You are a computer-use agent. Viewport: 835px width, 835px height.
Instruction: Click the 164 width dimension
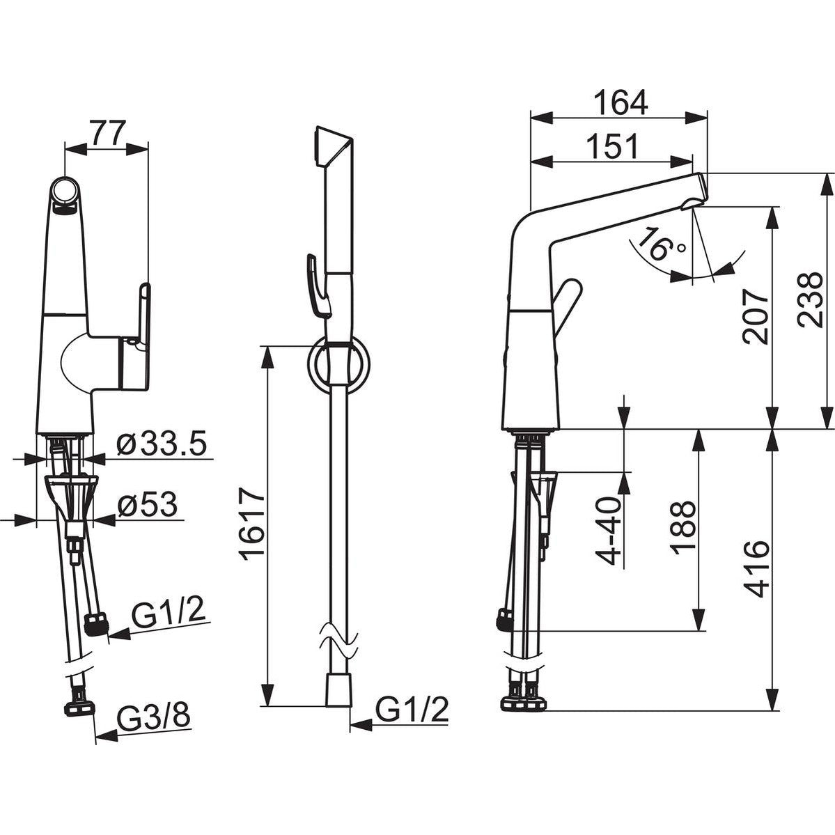[621, 103]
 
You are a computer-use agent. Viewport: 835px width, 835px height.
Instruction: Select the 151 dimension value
[612, 146]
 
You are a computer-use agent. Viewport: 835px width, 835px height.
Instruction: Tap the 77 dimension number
[107, 133]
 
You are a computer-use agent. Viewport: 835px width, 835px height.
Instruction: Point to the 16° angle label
[660, 244]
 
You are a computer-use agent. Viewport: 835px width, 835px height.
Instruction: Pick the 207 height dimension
[756, 316]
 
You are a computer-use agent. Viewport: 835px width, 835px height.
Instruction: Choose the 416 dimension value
[756, 569]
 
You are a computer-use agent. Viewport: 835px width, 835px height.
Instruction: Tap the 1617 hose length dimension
[252, 523]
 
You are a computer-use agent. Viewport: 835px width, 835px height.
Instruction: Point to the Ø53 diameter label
[148, 504]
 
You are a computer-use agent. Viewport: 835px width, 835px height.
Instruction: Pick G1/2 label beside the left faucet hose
[169, 614]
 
